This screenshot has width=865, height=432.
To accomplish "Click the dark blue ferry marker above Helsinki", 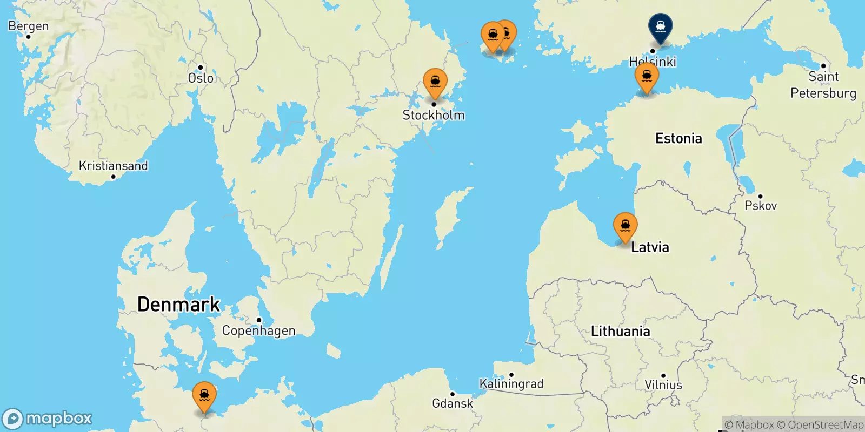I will point(661,26).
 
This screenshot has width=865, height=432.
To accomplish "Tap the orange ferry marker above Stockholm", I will point(435,83).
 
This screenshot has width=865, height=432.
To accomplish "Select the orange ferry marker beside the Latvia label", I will point(625,226).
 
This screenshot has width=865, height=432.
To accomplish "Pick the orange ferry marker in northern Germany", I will point(204,396).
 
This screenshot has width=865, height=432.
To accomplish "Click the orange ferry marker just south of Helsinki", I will point(647,77).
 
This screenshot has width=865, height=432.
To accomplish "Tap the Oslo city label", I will point(201,78).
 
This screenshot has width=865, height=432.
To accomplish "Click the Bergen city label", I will point(28,26).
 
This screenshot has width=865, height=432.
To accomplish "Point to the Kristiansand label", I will point(113,166).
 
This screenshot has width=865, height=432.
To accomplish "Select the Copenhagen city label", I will point(258,330).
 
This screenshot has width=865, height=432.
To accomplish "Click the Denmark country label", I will point(178,305).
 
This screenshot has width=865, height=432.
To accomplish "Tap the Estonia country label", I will point(678,139).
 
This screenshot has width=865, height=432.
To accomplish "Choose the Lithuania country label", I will point(620,331).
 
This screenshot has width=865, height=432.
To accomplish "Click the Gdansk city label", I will point(453,403).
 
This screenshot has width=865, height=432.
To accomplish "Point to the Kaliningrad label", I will point(511,384).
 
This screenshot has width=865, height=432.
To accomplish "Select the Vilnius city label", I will point(663,385).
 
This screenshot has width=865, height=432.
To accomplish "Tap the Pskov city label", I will point(761,206).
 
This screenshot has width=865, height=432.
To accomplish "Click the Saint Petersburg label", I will point(823,85).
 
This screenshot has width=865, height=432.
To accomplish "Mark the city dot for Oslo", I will point(201,67).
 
